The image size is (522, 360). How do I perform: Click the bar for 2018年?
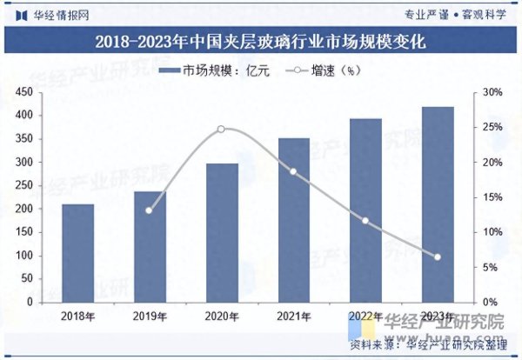pos(78,253)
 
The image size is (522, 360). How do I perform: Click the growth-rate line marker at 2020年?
pos(221,129)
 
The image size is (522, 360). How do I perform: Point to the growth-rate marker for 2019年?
pos(149,210)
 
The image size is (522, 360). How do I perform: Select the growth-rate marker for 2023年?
pos(437,257)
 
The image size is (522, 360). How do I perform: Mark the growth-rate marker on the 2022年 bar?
pos(365,221)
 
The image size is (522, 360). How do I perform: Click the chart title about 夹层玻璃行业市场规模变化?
pos(261,41)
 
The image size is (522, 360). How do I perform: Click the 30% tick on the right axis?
pos(493,92)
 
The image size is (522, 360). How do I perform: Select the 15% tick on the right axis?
pos(493,197)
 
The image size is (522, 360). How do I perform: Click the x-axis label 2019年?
pos(150,317)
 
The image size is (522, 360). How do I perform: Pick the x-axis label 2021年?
pos(293,317)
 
